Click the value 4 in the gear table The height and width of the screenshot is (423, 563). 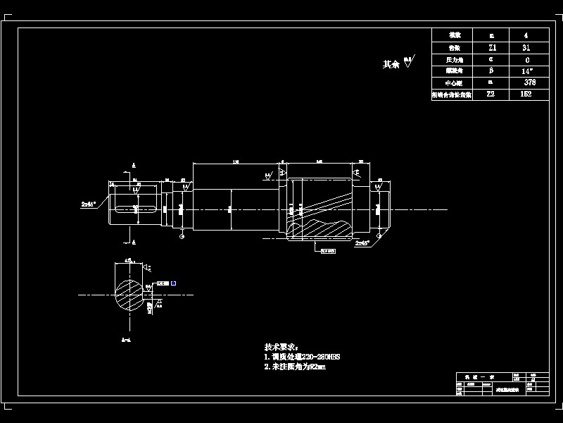(526, 35)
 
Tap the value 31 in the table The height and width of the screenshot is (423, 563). (526, 47)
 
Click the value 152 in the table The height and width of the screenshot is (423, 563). (526, 93)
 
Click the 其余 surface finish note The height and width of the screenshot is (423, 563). (391, 64)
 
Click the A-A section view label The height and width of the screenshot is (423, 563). (126, 341)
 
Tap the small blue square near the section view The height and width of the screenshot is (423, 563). (173, 283)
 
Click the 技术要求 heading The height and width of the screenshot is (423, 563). (281, 348)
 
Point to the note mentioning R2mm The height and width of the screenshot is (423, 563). (295, 367)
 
